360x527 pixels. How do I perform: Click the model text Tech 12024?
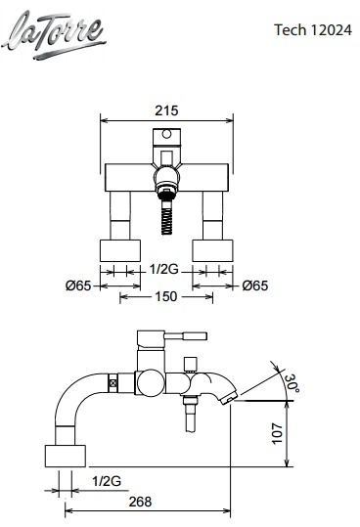313,30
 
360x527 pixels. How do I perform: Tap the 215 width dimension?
166,110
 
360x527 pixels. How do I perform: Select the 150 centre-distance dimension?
165,296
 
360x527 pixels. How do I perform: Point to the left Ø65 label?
78,285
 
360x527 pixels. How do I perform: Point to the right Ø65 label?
255,285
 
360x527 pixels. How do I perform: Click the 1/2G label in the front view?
163,269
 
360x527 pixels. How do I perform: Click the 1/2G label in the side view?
107,481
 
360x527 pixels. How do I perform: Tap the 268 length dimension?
141,502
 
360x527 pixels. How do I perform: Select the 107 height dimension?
277,433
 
